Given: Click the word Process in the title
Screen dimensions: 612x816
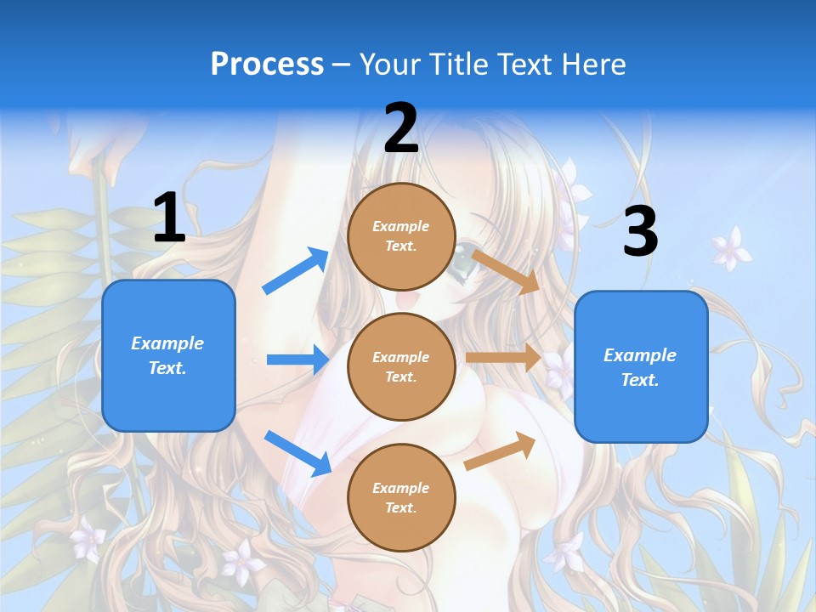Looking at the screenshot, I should pyautogui.click(x=267, y=65).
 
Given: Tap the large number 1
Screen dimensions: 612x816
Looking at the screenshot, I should pyautogui.click(x=169, y=218).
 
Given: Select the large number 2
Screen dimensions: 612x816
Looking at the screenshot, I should pyautogui.click(x=401, y=128).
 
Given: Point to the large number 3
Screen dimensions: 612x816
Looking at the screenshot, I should pyautogui.click(x=640, y=231).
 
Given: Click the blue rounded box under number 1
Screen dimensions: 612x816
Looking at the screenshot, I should pyautogui.click(x=168, y=355).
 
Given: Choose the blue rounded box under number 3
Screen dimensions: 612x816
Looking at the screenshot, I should pyautogui.click(x=641, y=366).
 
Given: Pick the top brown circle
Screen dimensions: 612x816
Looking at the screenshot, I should pyautogui.click(x=401, y=236).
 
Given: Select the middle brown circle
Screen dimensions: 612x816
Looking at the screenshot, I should pyautogui.click(x=401, y=366).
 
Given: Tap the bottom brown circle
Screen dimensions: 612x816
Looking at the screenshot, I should pyautogui.click(x=401, y=497).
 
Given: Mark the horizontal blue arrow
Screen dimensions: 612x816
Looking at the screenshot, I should pyautogui.click(x=297, y=360).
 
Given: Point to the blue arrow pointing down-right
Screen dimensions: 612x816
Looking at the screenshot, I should pyautogui.click(x=297, y=452).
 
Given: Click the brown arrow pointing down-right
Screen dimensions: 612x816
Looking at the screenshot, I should pyautogui.click(x=506, y=271).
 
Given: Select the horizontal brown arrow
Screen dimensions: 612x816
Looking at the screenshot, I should pyautogui.click(x=503, y=357).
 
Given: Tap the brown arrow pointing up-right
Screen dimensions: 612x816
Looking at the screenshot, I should pyautogui.click(x=501, y=450).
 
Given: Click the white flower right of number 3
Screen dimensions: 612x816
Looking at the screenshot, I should pyautogui.click(x=730, y=247).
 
